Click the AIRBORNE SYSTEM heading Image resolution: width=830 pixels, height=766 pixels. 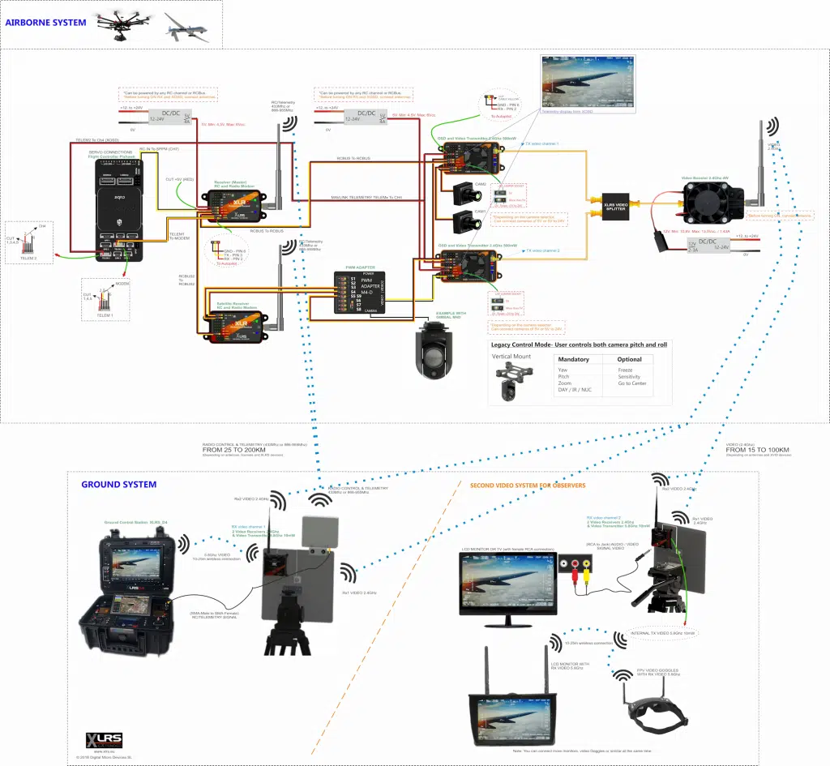tap(45, 23)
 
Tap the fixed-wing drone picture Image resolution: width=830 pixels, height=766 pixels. tap(186, 26)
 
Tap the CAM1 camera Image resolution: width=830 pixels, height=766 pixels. tap(463, 221)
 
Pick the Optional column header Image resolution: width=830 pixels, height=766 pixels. tap(629, 360)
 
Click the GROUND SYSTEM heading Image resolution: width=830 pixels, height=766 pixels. tap(118, 485)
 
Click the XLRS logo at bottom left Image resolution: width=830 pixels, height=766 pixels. tap(105, 739)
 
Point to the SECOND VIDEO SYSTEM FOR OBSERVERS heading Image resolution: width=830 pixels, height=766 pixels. tap(528, 486)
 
